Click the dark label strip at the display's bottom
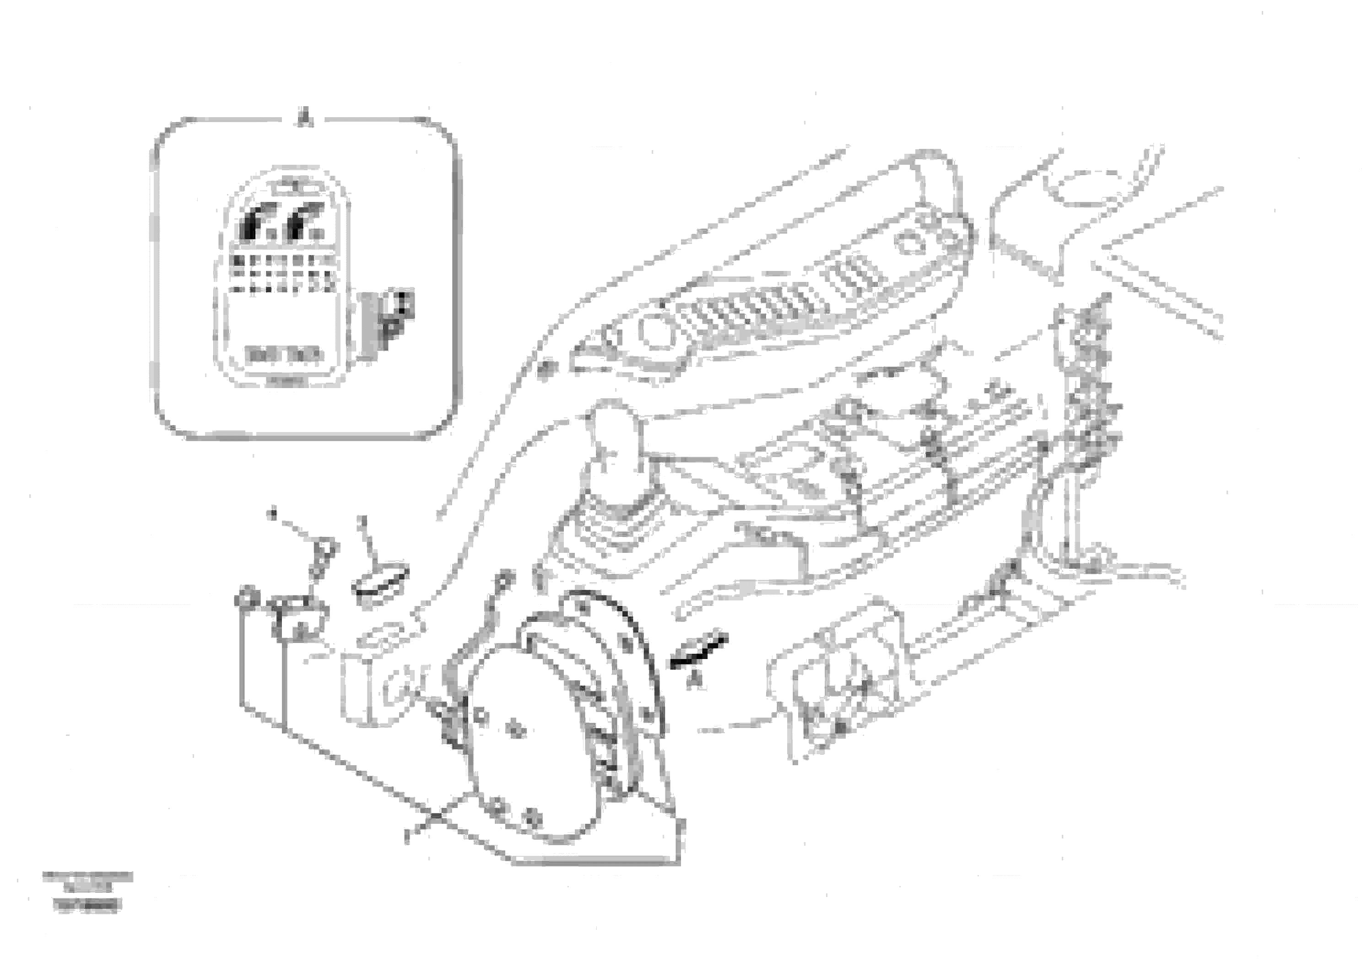click(x=284, y=355)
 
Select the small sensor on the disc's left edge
click(x=451, y=724)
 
